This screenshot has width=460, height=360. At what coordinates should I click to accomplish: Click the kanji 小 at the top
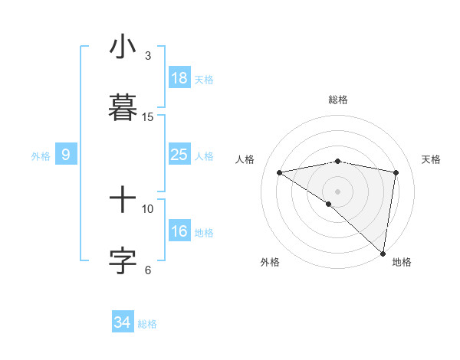(123, 47)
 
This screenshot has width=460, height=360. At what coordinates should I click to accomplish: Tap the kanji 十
(123, 200)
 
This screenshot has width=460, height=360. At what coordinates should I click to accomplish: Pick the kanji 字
(123, 259)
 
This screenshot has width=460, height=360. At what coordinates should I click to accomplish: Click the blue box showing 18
(179, 78)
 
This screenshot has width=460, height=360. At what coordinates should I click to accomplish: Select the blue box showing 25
(179, 155)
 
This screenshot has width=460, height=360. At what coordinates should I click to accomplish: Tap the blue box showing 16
(179, 231)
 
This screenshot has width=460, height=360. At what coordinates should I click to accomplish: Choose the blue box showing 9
(66, 155)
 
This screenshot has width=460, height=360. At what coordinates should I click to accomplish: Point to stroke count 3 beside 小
(148, 55)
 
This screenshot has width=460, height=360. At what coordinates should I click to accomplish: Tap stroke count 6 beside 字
(148, 269)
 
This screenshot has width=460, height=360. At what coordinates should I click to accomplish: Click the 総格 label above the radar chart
(338, 100)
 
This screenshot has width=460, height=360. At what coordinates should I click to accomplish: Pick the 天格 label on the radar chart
(432, 159)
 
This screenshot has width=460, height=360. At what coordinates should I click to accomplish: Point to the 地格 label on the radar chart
(402, 262)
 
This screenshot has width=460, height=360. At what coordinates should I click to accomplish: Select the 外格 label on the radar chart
(270, 262)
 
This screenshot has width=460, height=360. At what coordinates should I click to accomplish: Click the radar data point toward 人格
(280, 172)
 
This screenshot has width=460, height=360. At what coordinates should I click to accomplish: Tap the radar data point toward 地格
(383, 253)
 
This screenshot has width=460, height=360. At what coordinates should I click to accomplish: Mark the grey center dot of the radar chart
(338, 191)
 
